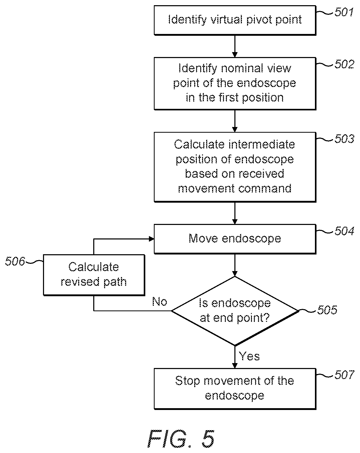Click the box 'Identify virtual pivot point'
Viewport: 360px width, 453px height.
click(x=235, y=20)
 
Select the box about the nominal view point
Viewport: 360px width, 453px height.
click(x=235, y=83)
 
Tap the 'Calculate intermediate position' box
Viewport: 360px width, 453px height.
click(x=235, y=167)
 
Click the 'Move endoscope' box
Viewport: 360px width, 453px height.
click(x=235, y=239)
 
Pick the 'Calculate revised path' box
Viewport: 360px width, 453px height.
click(x=94, y=275)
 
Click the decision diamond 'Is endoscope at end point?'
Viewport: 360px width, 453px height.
click(x=235, y=311)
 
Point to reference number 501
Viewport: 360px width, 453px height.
click(x=344, y=12)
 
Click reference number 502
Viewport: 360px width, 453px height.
click(x=344, y=64)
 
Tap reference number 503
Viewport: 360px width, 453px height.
click(x=344, y=139)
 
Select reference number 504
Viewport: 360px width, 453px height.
click(x=344, y=231)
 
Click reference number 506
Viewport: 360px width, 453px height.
click(x=15, y=261)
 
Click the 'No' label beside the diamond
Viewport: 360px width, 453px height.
click(x=160, y=301)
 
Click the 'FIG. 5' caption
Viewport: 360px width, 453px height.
click(x=181, y=438)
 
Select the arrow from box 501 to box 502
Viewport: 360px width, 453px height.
click(x=235, y=46)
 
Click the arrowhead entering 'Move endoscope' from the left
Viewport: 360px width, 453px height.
click(x=152, y=239)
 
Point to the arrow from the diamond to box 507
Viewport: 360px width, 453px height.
click(x=235, y=357)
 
